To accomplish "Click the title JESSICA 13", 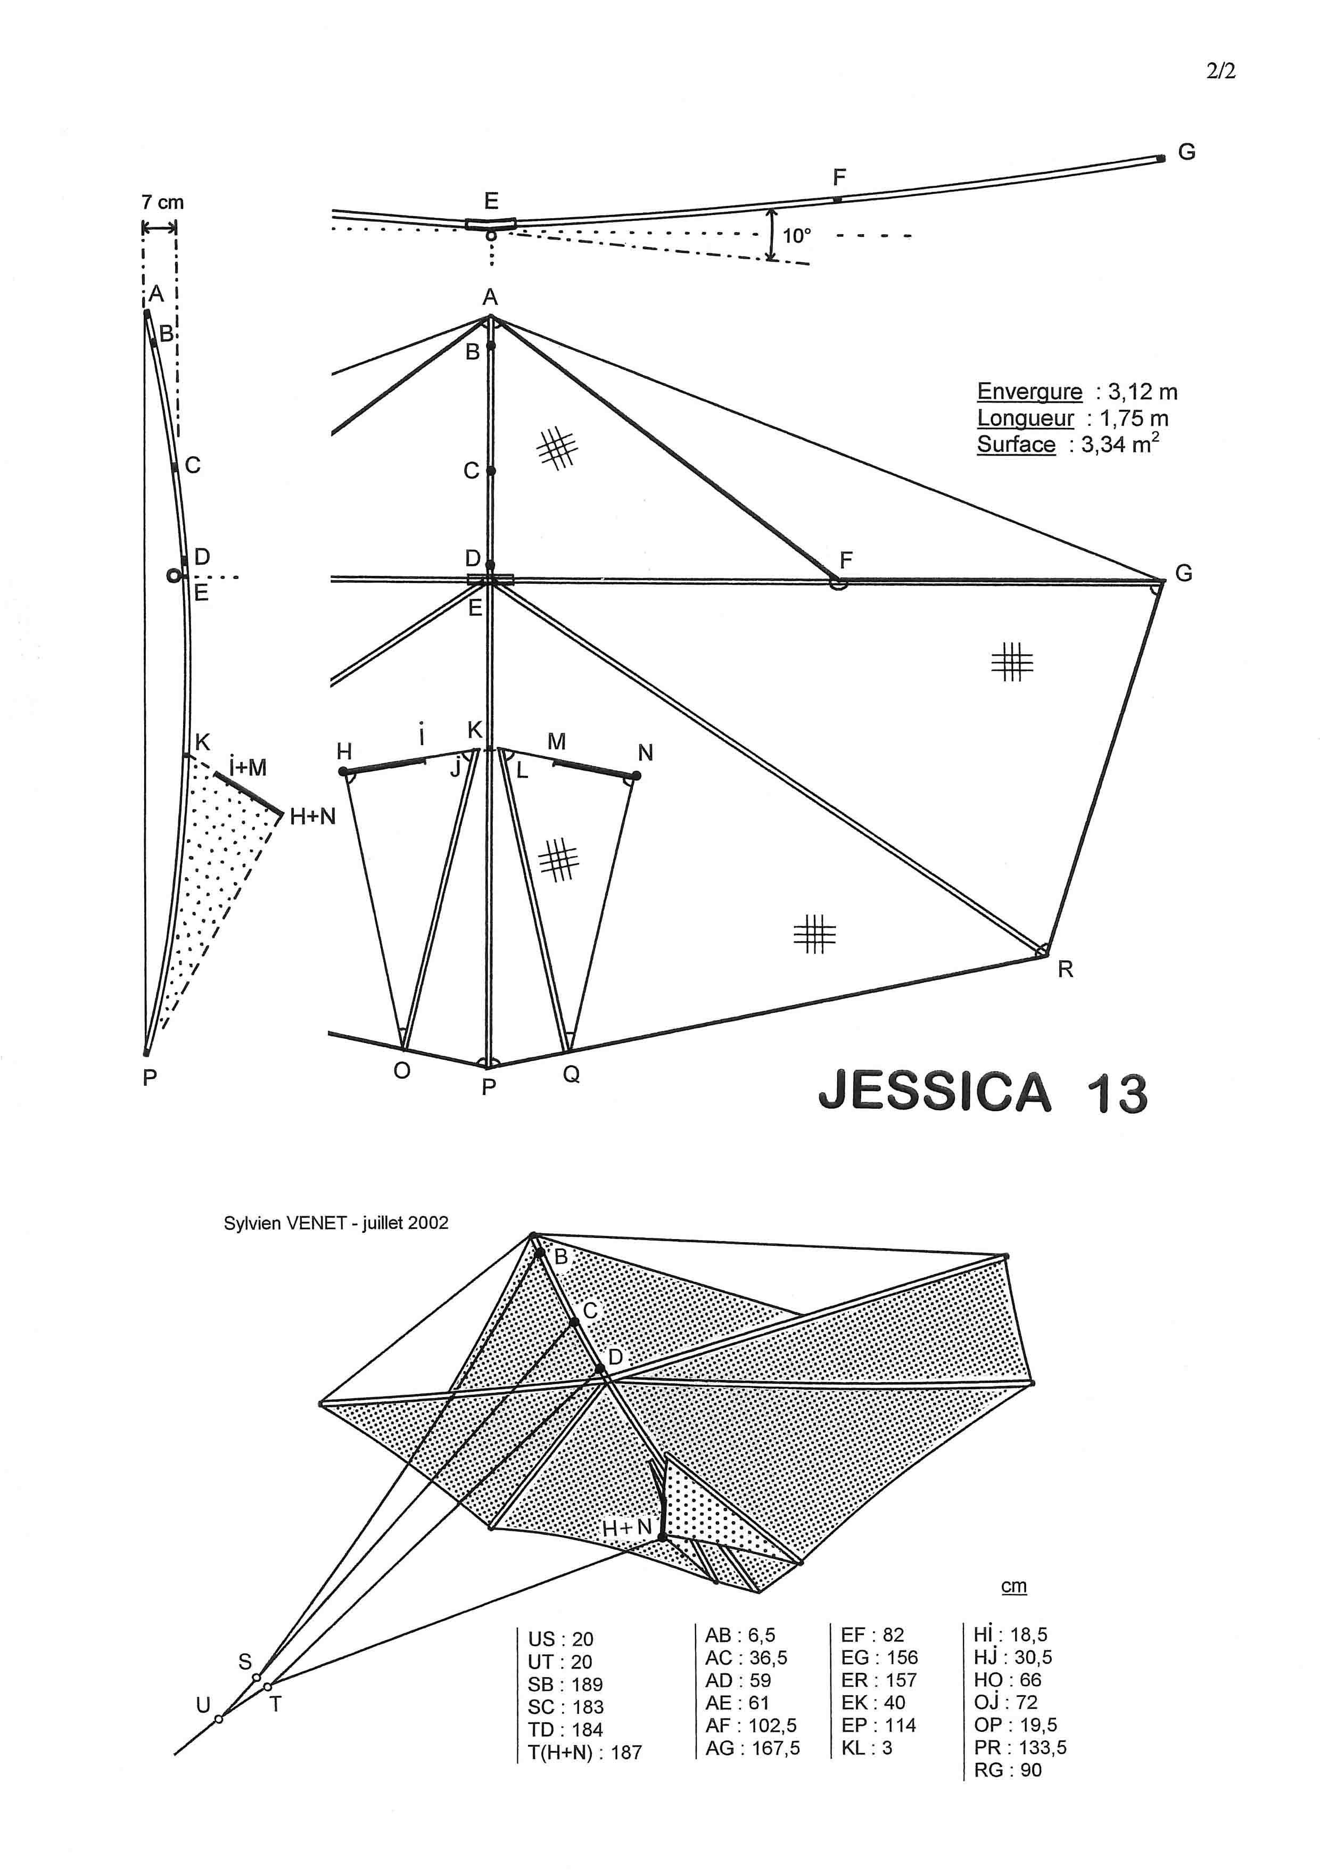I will (983, 1092).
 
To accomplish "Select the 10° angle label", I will (797, 236).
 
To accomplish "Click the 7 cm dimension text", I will (162, 202).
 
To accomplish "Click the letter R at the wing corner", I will (1065, 970).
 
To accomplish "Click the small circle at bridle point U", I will (219, 1719).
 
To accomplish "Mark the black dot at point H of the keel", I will (344, 771).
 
